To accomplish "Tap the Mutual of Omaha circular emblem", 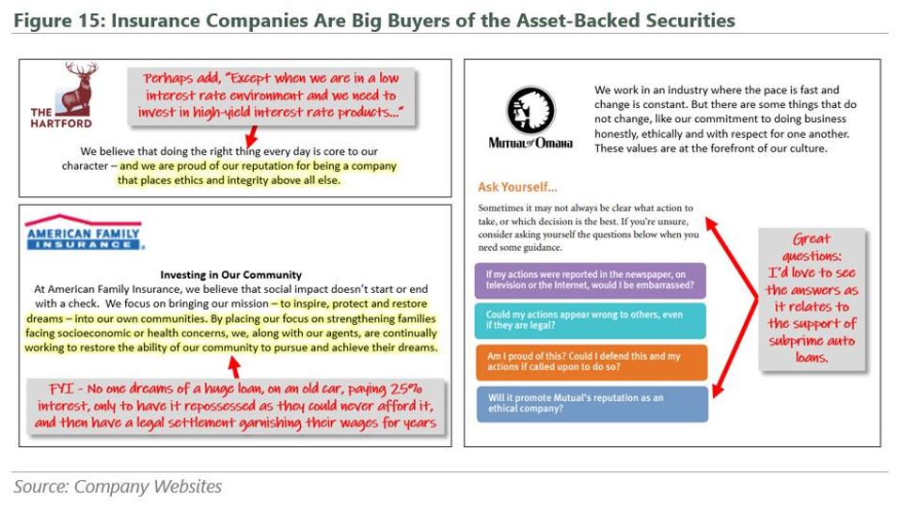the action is click(x=530, y=111).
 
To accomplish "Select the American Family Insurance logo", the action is click(x=84, y=232).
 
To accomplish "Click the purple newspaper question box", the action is click(x=590, y=280).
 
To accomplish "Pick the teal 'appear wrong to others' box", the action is click(x=590, y=320).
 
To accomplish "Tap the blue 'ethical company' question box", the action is click(x=592, y=403).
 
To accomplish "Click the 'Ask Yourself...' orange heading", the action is click(x=517, y=187).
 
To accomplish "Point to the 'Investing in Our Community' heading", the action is click(x=231, y=275).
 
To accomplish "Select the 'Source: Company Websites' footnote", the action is click(x=118, y=487).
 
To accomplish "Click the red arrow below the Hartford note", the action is click(x=251, y=136).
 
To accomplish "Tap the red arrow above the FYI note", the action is click(x=234, y=366).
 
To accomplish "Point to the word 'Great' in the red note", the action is click(x=812, y=239).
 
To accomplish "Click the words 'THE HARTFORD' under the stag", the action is click(x=61, y=117).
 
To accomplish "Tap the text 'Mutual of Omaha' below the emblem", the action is click(x=530, y=143).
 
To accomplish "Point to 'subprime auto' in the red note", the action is click(x=812, y=341).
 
